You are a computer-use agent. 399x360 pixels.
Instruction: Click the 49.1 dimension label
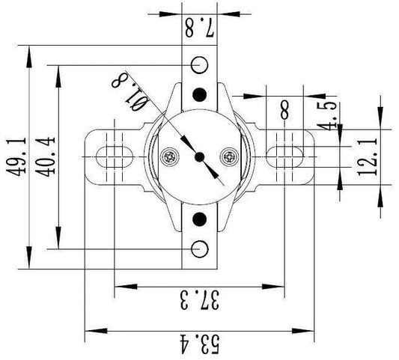tap(16, 157)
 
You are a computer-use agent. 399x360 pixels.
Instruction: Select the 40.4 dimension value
tap(45, 157)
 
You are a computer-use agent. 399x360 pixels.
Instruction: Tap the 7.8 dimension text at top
tap(199, 27)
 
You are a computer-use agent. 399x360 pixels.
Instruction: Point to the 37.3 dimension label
tap(199, 300)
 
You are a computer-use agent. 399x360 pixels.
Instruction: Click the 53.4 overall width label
tap(199, 344)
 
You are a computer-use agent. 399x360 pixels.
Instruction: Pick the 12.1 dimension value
tap(368, 157)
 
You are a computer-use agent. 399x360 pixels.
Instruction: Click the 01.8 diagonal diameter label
tap(130, 91)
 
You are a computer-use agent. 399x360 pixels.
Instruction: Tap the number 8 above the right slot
tap(284, 110)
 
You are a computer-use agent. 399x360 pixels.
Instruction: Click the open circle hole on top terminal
tap(199, 65)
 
